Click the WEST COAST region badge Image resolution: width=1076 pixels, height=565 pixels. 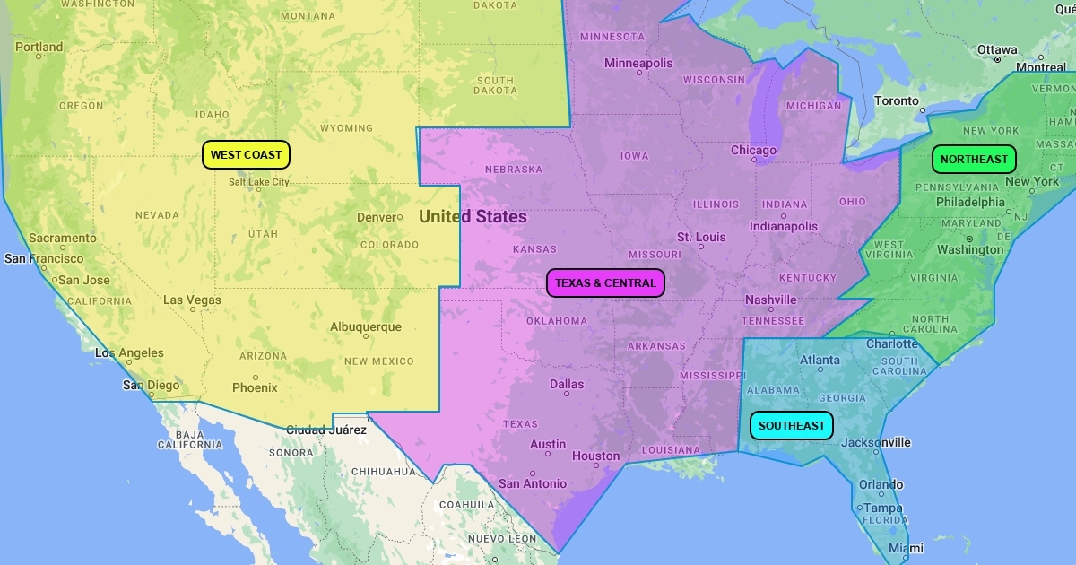tap(246, 155)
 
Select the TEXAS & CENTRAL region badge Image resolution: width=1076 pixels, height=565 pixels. tap(605, 283)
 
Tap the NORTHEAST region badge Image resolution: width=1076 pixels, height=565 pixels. tap(974, 160)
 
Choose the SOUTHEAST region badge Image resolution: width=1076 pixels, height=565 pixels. tap(791, 425)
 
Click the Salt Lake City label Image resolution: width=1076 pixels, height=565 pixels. tap(259, 182)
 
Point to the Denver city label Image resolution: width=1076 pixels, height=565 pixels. tap(377, 217)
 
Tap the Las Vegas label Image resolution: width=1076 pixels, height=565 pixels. tap(192, 300)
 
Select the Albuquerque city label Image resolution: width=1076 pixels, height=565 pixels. tap(366, 327)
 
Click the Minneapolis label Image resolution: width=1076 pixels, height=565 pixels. tap(638, 63)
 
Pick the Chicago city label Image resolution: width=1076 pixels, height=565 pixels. tap(753, 150)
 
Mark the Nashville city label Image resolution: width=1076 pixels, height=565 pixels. tap(771, 300)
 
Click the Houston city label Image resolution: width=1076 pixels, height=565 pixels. tap(595, 456)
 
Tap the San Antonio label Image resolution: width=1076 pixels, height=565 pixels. tap(533, 483)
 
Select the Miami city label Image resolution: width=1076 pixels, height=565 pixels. tap(906, 548)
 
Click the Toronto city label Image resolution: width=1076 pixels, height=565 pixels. tap(897, 101)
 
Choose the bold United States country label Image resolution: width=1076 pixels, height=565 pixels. tap(473, 216)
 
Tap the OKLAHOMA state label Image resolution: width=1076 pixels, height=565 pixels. tap(557, 321)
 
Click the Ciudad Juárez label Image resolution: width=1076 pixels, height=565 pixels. tap(326, 430)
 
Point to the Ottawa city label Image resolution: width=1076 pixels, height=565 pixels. tap(997, 49)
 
